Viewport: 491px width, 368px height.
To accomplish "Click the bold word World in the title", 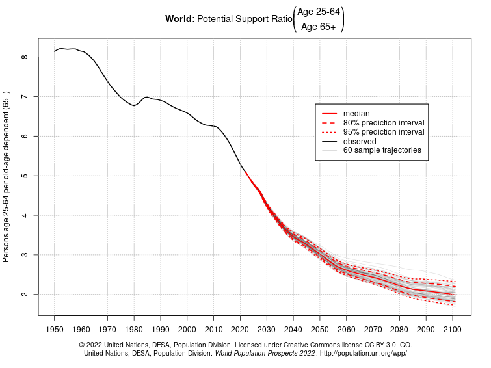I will coord(178,19).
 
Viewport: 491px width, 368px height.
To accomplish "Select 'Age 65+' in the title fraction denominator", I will coord(318,27).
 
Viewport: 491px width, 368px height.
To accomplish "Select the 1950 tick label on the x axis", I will coord(55,330).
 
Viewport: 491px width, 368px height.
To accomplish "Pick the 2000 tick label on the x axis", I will coord(187,330).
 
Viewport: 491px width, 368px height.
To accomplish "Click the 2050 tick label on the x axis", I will coord(320,330).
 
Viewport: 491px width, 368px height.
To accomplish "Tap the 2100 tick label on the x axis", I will coord(452,330).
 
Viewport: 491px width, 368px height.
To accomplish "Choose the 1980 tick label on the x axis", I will coord(134,330).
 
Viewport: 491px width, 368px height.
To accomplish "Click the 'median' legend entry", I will coord(356,114).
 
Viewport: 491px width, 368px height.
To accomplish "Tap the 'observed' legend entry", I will coord(360,141).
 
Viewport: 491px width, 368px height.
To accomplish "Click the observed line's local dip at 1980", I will coord(134,105).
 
